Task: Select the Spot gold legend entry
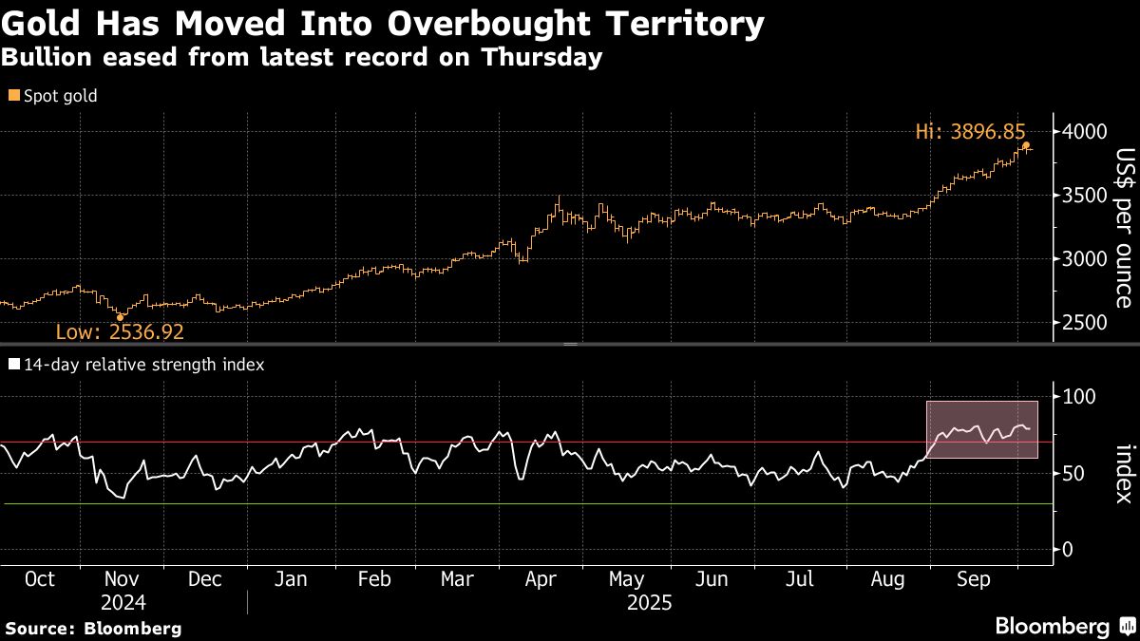pyautogui.click(x=53, y=95)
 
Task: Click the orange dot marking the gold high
pyautogui.click(x=1026, y=145)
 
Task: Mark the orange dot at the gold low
pyautogui.click(x=120, y=317)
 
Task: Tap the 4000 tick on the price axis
pyautogui.click(x=1083, y=131)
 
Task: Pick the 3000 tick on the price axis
pyautogui.click(x=1083, y=259)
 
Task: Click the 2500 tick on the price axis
pyautogui.click(x=1083, y=323)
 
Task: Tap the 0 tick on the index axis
pyautogui.click(x=1068, y=550)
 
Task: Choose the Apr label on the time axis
pyautogui.click(x=541, y=579)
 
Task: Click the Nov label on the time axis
pyautogui.click(x=121, y=579)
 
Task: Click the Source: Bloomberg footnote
pyautogui.click(x=93, y=628)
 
